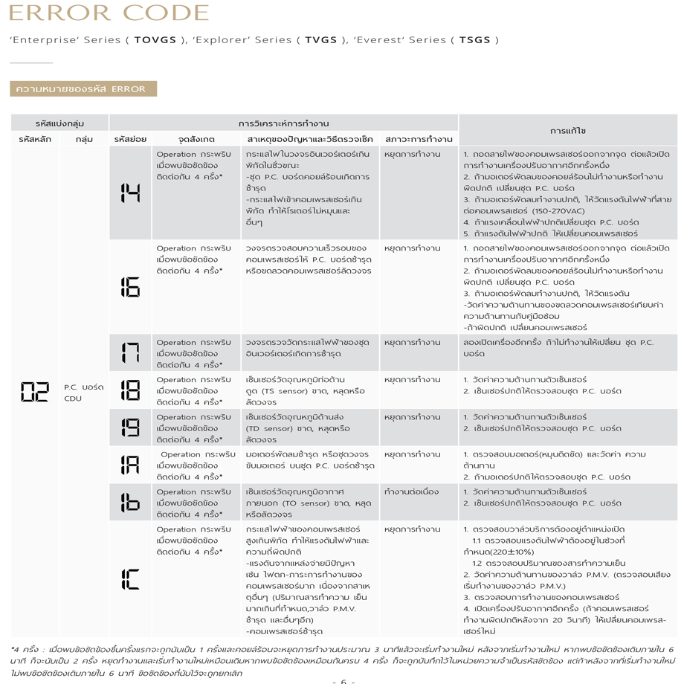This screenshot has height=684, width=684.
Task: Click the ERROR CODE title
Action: click(x=109, y=13)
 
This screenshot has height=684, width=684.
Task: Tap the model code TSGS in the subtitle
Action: click(x=474, y=39)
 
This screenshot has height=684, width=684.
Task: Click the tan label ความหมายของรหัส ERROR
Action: click(x=83, y=89)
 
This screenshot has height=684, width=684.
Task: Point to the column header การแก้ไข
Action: click(x=567, y=130)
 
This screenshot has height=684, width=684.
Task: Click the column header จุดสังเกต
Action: click(x=196, y=139)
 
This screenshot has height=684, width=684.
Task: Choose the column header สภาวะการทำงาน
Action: click(x=419, y=139)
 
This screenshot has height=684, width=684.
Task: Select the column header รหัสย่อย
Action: click(x=130, y=139)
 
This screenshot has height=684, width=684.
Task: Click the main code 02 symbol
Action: click(x=34, y=392)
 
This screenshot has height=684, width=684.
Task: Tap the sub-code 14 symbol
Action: click(x=130, y=193)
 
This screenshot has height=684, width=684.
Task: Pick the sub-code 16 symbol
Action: click(x=130, y=286)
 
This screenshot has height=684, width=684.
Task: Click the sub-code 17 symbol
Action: click(x=130, y=352)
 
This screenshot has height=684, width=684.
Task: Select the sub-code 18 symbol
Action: click(x=130, y=390)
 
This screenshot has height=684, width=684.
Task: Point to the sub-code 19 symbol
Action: click(x=130, y=427)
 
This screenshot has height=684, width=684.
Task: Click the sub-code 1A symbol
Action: click(x=130, y=465)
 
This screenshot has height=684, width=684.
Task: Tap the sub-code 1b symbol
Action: click(x=130, y=503)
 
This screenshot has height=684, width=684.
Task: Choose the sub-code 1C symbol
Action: click(x=130, y=578)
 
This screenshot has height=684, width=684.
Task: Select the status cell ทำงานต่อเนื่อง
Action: click(x=411, y=492)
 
